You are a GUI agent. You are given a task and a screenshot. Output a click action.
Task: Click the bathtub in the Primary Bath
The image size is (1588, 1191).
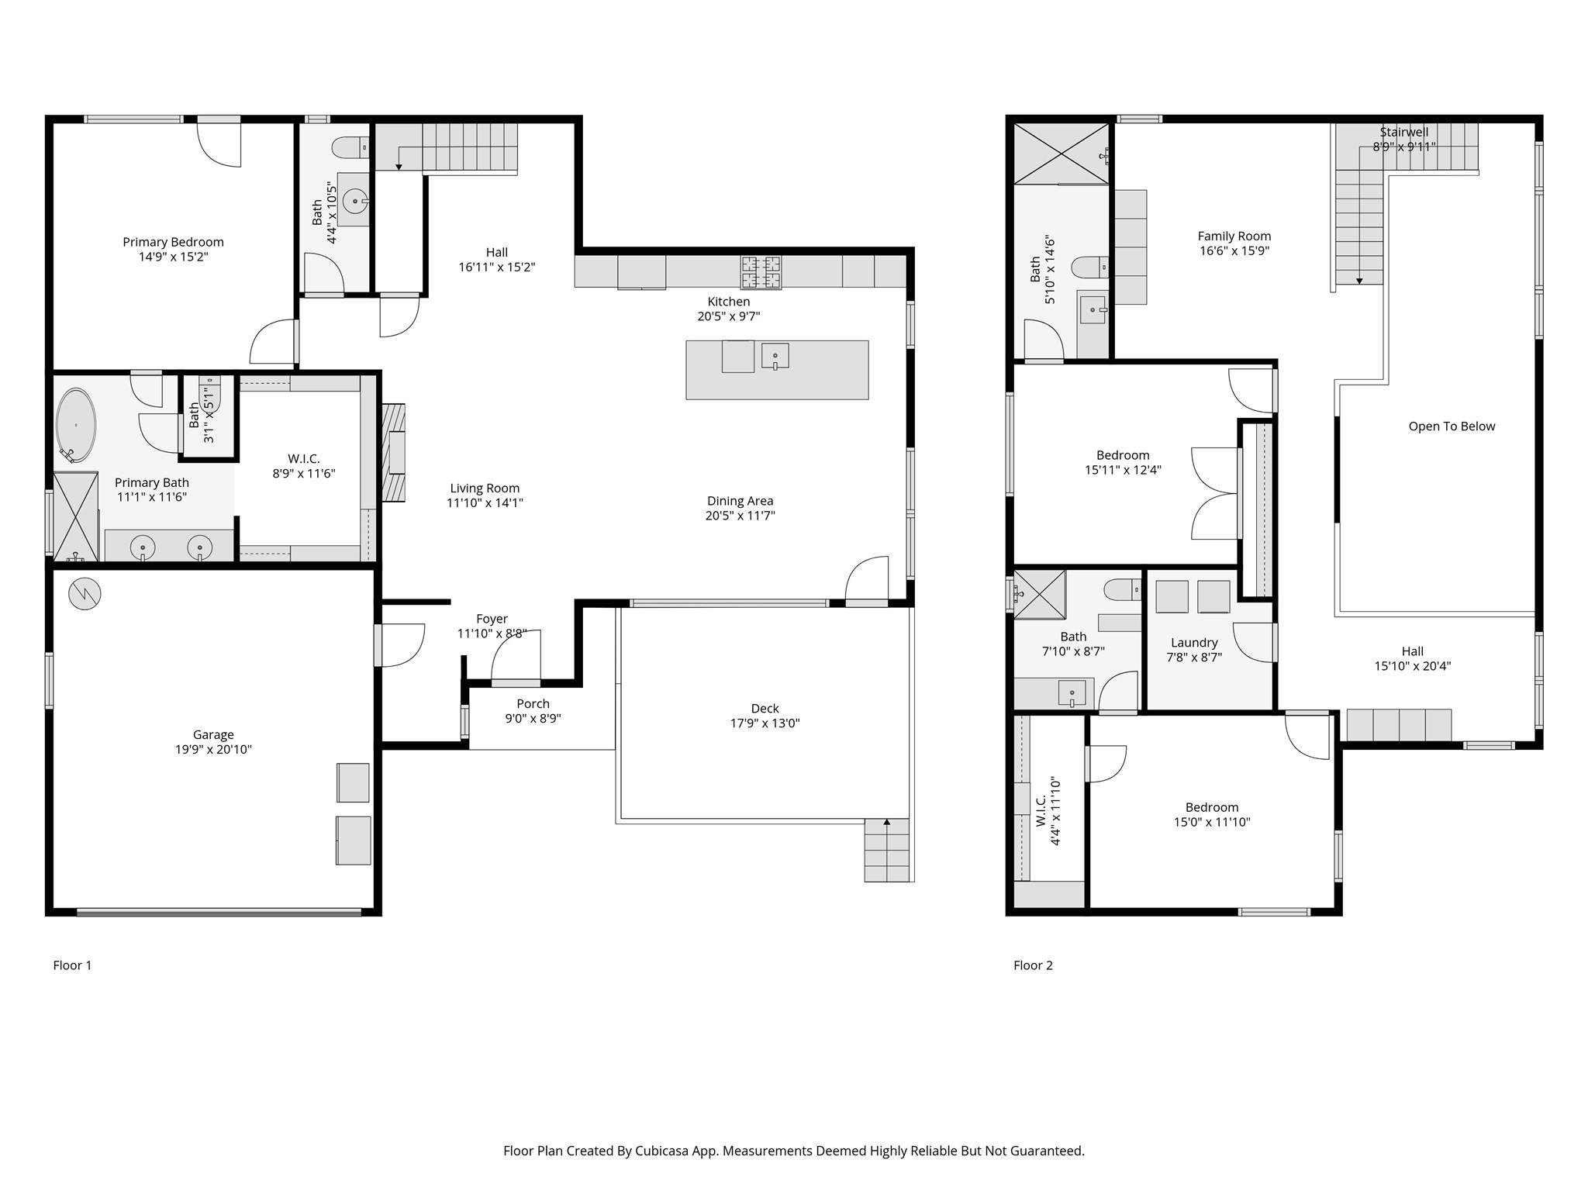76,425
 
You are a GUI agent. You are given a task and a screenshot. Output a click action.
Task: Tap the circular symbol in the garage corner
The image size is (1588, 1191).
85,594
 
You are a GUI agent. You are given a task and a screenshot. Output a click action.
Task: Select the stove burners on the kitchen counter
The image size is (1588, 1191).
761,272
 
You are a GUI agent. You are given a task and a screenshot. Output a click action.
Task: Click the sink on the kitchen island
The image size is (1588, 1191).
775,357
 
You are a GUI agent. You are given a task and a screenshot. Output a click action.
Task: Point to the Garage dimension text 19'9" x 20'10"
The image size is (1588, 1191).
213,750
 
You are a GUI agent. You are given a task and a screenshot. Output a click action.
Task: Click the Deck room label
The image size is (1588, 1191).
765,709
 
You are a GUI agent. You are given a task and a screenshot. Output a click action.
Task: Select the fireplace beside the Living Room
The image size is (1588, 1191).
393,452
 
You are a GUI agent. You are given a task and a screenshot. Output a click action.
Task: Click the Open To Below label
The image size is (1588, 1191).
1451,426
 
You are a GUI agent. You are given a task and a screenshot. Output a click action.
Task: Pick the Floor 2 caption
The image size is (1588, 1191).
1033,965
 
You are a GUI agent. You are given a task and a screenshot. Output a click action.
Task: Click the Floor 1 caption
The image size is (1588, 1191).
72,965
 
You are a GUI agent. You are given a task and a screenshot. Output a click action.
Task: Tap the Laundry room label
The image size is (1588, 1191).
1193,643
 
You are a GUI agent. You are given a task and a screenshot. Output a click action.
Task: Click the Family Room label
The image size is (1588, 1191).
1234,236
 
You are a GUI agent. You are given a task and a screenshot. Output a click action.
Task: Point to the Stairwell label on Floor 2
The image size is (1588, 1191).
1403,133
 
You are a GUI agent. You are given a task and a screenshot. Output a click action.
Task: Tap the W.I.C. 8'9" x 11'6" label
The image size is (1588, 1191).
303,459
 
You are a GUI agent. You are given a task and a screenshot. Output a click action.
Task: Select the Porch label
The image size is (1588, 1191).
533,704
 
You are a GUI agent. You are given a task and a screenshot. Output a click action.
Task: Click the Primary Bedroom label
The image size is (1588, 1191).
173,242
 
